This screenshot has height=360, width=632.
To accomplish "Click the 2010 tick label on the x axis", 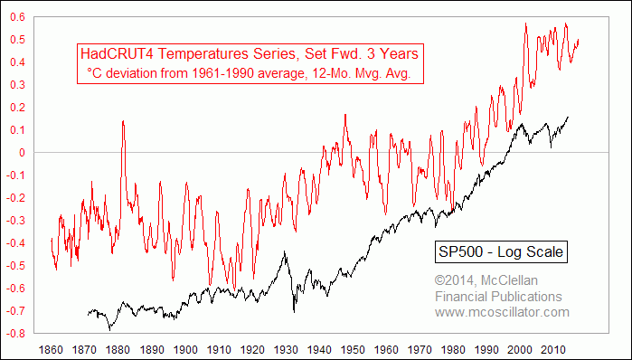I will (551, 348).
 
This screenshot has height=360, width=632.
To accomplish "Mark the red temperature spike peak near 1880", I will (122, 121).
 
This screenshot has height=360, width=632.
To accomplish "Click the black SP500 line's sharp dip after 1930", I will (295, 311).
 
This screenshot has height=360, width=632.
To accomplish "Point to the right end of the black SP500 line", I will (568, 117).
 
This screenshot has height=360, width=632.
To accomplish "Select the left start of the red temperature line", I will (52, 238).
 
